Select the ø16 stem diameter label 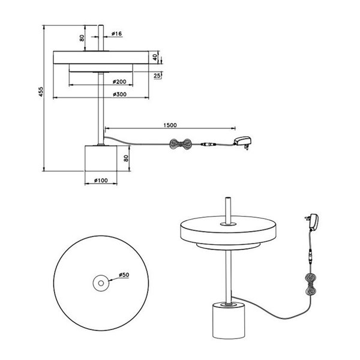pos(116,34)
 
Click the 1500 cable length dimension pos(169,125)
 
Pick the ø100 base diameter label pos(100,180)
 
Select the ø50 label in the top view pos(124,275)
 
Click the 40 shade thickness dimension pos(155,57)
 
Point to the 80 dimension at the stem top pos(82,38)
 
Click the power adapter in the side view pos(243,142)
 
